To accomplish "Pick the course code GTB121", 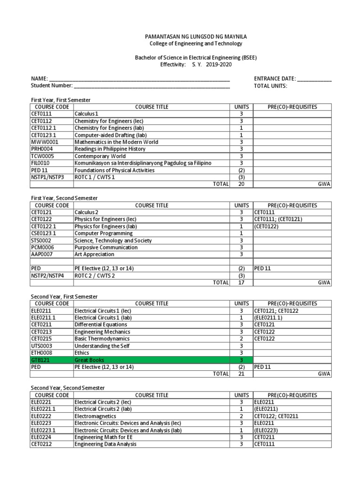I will coord(40,359).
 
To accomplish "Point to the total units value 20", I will coord(241,184).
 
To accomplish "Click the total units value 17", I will coord(241,283).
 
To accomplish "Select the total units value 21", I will coord(241,374).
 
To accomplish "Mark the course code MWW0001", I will coord(45,142).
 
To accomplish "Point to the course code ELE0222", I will coord(41,416).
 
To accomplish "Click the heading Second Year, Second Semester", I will coord(68,388).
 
